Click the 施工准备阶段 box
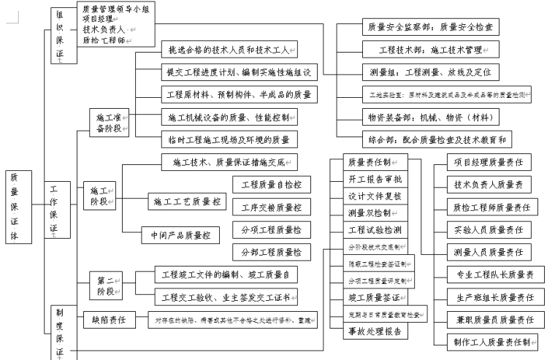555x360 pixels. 109,122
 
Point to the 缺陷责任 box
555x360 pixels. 109,319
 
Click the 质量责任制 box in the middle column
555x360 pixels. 372,161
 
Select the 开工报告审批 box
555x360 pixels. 372,179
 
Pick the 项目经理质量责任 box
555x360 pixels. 492,162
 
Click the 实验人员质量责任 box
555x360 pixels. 492,229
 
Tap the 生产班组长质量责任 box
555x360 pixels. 492,297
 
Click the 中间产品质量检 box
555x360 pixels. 180,235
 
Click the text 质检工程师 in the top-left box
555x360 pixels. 102,40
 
